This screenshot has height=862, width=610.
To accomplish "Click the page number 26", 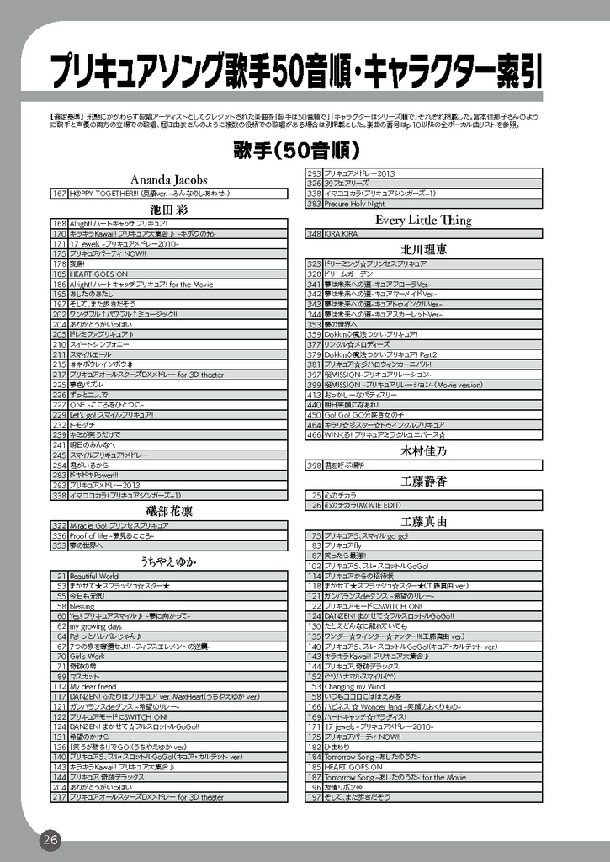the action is (50, 839).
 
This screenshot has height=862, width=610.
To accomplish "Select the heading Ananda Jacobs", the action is (169, 179).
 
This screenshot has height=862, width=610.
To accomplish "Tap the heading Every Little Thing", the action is (423, 221).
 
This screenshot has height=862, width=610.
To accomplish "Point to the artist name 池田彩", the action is (169, 208).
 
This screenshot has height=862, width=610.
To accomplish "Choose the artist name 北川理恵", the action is (423, 249).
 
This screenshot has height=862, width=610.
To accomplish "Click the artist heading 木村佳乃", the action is (423, 451).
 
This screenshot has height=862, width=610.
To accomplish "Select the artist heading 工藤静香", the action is (423, 481).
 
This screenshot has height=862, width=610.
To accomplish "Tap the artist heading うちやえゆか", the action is (169, 561).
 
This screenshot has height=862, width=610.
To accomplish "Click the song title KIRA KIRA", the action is (342, 234).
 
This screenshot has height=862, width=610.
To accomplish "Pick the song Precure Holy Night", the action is (354, 204).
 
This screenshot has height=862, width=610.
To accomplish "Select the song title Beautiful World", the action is (94, 576).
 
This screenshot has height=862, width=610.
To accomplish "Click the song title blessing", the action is (82, 606).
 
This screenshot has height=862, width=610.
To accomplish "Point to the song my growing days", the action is (95, 626).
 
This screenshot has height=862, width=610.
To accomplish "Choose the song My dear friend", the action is (93, 687).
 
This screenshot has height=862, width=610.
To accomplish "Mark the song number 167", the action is (59, 194).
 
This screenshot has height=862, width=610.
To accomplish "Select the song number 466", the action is (314, 435).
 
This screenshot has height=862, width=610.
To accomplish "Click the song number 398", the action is (314, 465).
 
